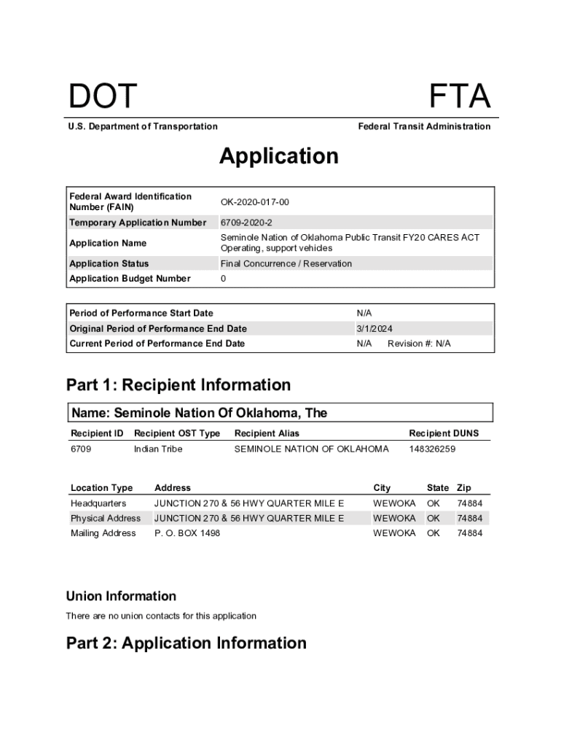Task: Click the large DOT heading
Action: click(102, 98)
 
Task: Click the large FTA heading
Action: click(459, 98)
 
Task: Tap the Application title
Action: click(279, 156)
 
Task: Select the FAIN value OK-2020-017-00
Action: click(255, 202)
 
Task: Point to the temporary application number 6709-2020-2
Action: click(246, 222)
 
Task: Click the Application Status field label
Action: click(109, 263)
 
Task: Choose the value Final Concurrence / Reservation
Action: click(286, 263)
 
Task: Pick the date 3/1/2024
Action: click(374, 329)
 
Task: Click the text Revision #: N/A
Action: click(419, 344)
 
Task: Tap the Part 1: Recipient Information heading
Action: click(178, 384)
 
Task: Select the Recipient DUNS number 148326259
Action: click(432, 449)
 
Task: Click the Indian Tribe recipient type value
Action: click(158, 449)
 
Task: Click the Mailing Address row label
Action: click(103, 533)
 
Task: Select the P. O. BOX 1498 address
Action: click(187, 533)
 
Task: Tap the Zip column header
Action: click(463, 488)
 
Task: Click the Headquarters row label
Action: click(98, 503)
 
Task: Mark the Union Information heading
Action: click(121, 596)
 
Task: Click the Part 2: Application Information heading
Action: click(187, 643)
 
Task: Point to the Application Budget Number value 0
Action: click(224, 279)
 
